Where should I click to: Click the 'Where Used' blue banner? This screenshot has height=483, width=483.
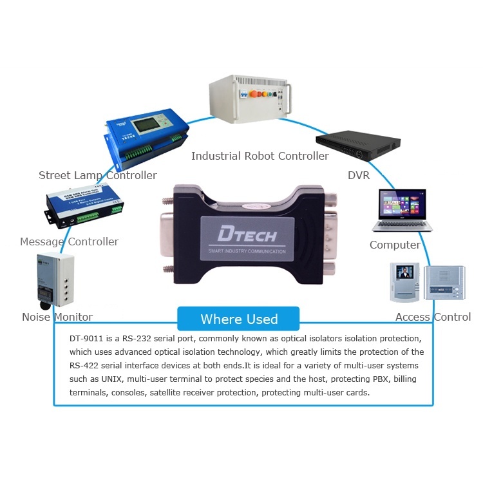(238, 319)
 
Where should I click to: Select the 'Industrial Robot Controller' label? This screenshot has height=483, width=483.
(260, 156)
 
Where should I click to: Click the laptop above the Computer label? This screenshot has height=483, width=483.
(401, 210)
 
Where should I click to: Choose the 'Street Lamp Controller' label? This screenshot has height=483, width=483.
(97, 175)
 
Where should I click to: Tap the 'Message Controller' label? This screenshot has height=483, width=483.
(69, 241)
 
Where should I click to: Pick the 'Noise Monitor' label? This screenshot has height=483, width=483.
(57, 317)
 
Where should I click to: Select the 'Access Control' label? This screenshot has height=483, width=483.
(433, 317)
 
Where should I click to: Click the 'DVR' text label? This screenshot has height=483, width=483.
(359, 175)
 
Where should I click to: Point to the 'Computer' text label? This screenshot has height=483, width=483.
(395, 245)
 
